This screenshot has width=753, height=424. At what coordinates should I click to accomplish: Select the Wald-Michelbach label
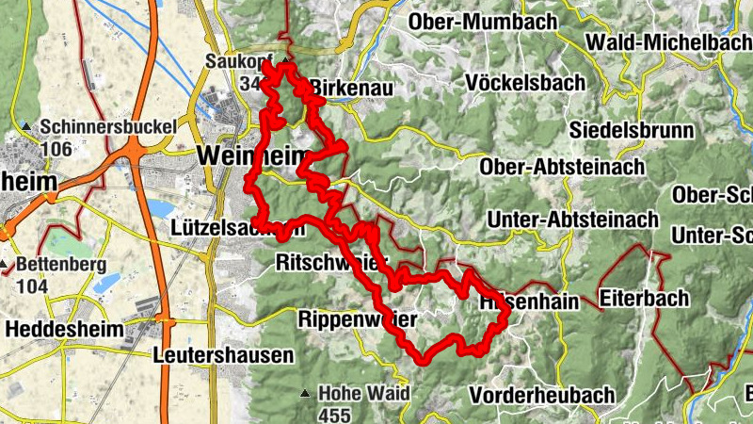[668, 42]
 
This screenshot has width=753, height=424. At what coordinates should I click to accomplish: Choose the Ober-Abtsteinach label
[563, 167]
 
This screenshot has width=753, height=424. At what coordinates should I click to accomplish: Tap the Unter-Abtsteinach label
[572, 219]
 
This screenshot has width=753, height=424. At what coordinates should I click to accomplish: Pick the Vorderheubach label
[545, 394]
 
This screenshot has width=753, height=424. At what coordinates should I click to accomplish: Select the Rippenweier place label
[357, 320]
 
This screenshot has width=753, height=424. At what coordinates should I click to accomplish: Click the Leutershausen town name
[223, 355]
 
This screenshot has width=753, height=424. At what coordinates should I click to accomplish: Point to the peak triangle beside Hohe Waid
[304, 394]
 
